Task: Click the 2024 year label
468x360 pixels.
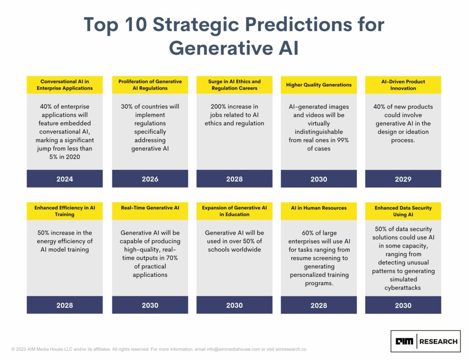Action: click(x=65, y=179)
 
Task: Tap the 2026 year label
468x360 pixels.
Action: click(x=150, y=179)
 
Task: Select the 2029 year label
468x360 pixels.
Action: click(x=403, y=179)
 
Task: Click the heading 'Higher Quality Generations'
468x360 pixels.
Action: click(x=319, y=85)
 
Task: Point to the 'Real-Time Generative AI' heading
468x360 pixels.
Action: click(x=150, y=208)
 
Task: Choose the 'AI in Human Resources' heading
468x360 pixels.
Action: click(x=319, y=208)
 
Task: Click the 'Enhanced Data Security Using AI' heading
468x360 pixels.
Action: click(x=403, y=211)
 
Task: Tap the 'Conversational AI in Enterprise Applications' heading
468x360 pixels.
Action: click(x=65, y=85)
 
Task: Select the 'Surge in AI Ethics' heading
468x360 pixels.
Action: click(x=234, y=81)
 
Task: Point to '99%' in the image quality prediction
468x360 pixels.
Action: click(x=343, y=140)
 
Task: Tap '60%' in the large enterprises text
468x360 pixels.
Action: click(x=308, y=233)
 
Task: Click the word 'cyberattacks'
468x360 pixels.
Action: click(x=403, y=288)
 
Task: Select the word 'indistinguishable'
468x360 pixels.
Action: click(x=319, y=132)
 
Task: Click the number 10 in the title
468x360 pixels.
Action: click(x=136, y=24)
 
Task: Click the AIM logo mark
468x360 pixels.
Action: click(x=404, y=341)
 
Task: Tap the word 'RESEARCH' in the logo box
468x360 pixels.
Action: click(x=438, y=342)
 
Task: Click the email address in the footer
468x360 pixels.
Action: click(x=233, y=349)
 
